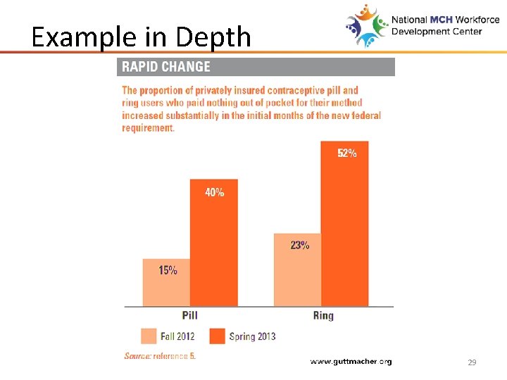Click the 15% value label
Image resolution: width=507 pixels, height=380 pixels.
coord(168,270)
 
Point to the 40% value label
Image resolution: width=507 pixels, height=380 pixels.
coord(214,192)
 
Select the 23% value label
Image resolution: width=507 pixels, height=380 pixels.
coord(299,246)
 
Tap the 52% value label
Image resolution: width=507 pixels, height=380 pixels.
coord(346,153)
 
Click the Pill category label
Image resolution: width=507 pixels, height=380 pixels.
coord(190,315)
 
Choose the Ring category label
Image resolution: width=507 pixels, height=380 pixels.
coord(323,315)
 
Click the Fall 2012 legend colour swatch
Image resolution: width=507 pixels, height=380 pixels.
coord(148,336)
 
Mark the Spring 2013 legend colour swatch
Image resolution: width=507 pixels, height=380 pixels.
coord(216,336)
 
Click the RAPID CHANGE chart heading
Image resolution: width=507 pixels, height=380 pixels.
coord(166,67)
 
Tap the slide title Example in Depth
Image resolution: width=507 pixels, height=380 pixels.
coord(141,37)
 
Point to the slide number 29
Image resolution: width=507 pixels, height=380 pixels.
coord(472,362)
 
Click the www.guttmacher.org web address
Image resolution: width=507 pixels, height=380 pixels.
coord(351,361)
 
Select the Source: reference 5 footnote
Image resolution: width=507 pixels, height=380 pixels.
coord(160,356)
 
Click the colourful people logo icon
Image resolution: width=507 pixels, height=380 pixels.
coord(366,25)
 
